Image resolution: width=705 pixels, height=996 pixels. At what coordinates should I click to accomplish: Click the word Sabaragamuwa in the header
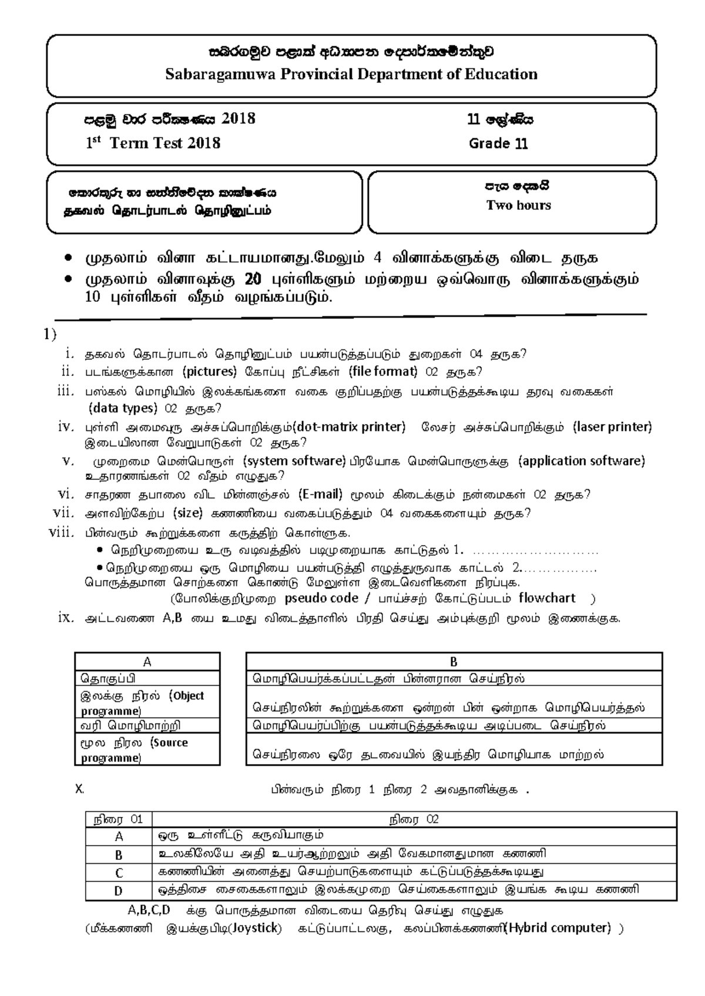tap(220, 75)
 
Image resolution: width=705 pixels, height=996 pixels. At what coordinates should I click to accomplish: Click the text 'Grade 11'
tap(498, 144)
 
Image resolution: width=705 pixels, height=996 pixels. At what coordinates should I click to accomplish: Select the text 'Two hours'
tap(518, 206)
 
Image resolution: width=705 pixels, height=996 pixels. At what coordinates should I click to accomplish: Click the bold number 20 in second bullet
tap(253, 279)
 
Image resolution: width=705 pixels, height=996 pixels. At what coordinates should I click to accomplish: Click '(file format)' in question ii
tap(382, 372)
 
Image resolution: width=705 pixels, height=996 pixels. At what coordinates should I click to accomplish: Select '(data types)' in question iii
tap(122, 408)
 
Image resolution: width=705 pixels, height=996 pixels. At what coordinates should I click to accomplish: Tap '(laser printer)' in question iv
tap(612, 427)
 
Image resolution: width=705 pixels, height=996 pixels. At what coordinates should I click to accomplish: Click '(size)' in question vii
tap(187, 513)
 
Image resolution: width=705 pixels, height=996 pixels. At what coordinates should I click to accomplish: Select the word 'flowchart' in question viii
tap(547, 598)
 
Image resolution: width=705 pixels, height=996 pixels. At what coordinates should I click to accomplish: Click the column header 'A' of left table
tap(147, 662)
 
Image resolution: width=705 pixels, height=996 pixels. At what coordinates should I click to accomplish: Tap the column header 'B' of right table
tap(454, 662)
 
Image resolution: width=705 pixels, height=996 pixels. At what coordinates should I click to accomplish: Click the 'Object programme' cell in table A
tap(147, 703)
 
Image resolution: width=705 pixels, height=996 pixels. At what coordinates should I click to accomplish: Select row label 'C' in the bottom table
tap(119, 873)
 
